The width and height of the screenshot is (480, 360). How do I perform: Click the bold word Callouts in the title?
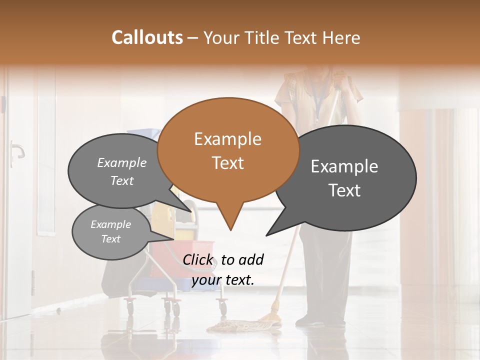pos(147,37)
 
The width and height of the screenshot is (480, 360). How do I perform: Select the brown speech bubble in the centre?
pos(228,150)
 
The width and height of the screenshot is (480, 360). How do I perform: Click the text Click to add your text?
pos(223,269)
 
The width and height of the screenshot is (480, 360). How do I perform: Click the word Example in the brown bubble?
pos(227,139)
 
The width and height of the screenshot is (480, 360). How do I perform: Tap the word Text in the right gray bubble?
pos(345,190)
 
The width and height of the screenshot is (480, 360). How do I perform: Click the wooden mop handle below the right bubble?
pos(285,270)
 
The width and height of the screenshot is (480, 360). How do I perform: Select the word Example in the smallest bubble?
pos(111,224)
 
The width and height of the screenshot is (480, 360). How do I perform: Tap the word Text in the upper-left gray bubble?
pos(122,181)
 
